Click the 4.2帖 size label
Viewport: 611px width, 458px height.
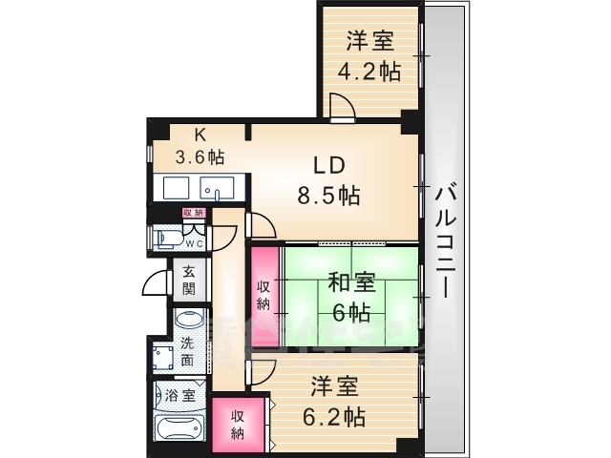pos(371,72)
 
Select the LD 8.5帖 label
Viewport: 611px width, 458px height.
pos(327,181)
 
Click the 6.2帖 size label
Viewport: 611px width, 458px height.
pos(335,416)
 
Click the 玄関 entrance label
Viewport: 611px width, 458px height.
pos(189,280)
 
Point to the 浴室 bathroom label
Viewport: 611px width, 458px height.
pos(181,393)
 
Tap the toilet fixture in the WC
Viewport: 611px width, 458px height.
pos(165,236)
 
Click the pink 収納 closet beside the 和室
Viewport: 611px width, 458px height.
pos(263,294)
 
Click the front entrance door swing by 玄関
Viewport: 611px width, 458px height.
pos(157,283)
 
